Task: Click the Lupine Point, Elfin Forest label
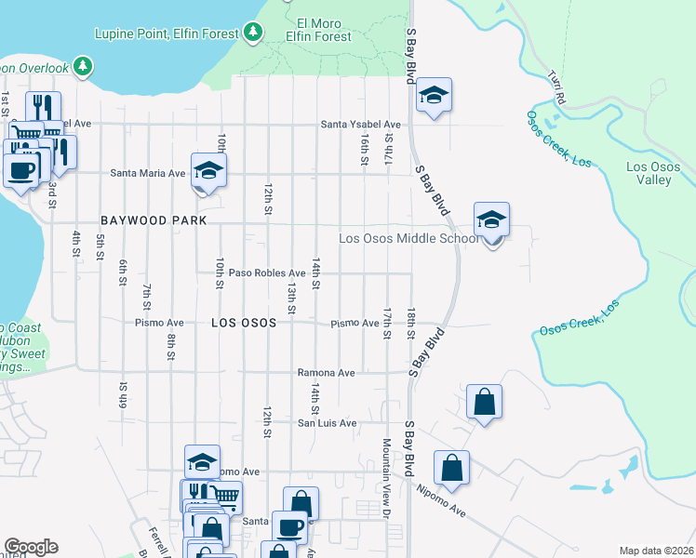(168, 33)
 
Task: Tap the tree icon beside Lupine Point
(253, 33)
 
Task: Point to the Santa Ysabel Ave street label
(360, 124)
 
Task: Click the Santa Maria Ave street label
(148, 172)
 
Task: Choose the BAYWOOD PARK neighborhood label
(153, 222)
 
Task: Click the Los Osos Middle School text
(408, 238)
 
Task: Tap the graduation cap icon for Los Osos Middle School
(491, 221)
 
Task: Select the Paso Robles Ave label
(267, 273)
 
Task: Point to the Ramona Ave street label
(326, 373)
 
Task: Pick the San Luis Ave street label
(327, 423)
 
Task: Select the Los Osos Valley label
(649, 173)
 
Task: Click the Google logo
(31, 546)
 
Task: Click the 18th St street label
(409, 324)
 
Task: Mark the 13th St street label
(291, 299)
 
